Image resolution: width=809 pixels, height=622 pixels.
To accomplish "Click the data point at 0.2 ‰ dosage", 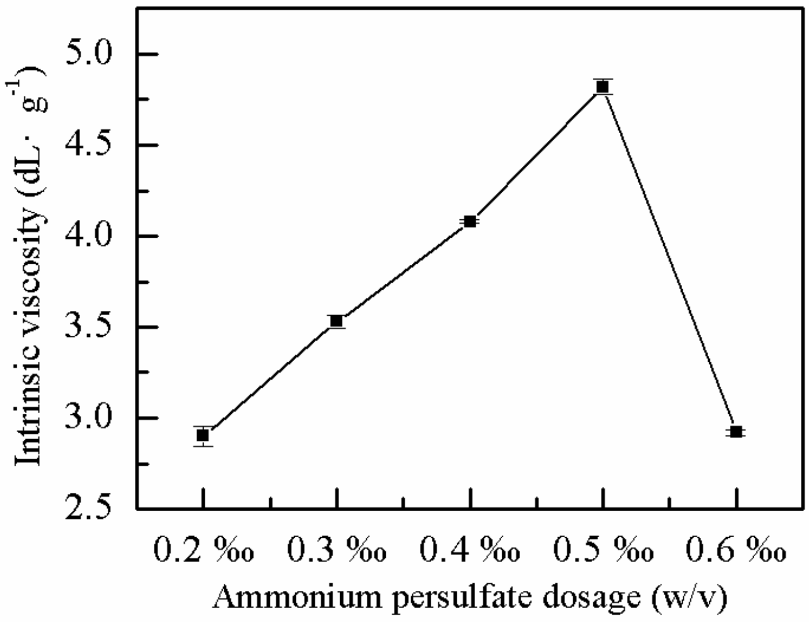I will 202,435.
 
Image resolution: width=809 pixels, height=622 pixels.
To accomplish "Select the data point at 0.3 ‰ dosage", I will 336,321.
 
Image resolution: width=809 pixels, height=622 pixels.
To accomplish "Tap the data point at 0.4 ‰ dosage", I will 470,221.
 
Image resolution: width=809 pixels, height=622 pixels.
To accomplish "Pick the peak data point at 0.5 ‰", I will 603,87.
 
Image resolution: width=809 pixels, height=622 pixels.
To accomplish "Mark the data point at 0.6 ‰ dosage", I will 736,432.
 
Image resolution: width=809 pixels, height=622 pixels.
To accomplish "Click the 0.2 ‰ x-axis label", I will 203,550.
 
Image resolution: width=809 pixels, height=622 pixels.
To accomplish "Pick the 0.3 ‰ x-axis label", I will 336,550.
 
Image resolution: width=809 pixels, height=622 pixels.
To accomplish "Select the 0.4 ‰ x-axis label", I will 470,550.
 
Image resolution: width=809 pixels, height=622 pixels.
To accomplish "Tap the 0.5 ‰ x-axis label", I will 603,550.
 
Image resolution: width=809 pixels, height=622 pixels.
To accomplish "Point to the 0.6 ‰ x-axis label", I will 736,550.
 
